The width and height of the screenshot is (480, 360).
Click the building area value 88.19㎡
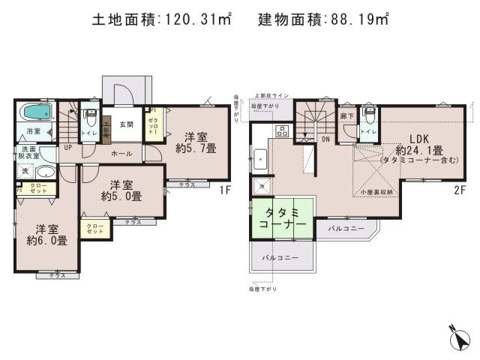click(x=358, y=21)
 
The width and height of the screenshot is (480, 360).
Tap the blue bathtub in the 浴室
click(x=35, y=115)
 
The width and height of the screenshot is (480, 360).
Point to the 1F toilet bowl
click(x=91, y=121)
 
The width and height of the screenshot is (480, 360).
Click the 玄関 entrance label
click(x=125, y=124)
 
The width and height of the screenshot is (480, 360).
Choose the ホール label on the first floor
click(x=121, y=154)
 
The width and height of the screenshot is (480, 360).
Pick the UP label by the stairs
click(x=68, y=148)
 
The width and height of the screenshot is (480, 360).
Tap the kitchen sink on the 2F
click(x=261, y=160)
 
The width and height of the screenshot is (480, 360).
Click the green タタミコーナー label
click(x=283, y=218)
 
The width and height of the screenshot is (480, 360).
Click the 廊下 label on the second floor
click(x=346, y=117)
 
